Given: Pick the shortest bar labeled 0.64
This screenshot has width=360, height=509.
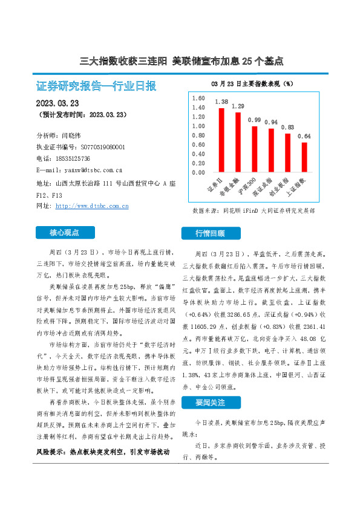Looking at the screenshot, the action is coord(304,157).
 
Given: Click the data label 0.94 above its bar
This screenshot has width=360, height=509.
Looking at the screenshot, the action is coord(271,123).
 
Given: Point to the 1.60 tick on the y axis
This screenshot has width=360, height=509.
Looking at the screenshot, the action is coord(198,98).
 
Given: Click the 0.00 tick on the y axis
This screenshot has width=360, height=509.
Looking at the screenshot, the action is coord(198,172).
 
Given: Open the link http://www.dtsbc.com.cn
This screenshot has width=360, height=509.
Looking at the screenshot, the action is coord(92,206).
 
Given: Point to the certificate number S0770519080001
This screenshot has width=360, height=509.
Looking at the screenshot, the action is coord(98,147).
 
